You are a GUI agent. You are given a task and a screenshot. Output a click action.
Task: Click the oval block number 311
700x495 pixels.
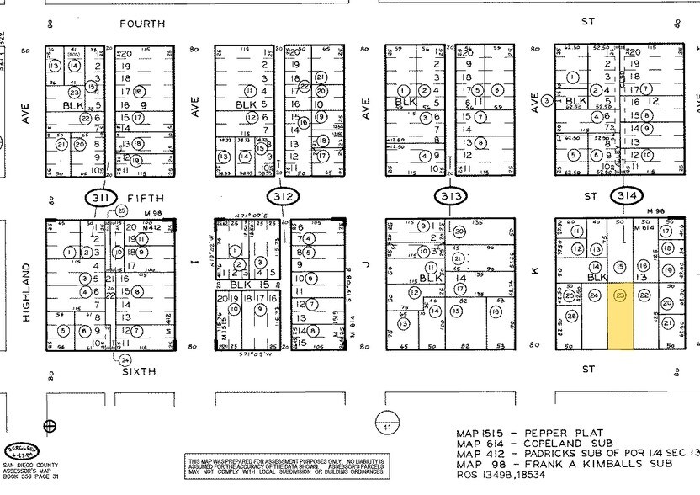click(101, 198)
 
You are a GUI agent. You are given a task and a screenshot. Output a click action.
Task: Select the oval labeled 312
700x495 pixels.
click(283, 197)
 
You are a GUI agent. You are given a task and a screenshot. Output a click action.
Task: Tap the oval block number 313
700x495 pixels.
click(452, 197)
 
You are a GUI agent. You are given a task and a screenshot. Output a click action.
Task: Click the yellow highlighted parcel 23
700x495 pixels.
click(621, 317)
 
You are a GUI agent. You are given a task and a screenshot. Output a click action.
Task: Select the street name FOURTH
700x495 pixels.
click(142, 24)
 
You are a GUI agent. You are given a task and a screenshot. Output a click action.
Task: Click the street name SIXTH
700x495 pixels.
click(140, 370)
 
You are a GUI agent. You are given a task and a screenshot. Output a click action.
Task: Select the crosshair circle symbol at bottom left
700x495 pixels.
click(50, 425)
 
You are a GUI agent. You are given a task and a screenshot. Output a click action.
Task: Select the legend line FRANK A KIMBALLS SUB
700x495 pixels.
click(565, 464)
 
